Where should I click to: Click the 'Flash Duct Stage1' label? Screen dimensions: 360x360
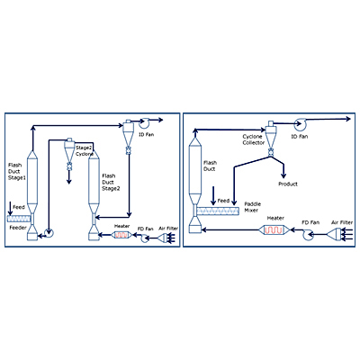pyautogui.click(x=17, y=172)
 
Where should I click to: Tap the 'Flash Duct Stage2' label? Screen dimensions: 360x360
pyautogui.click(x=111, y=182)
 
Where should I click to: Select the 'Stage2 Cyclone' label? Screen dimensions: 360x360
pyautogui.click(x=85, y=151)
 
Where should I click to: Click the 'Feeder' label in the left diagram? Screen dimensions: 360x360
pyautogui.click(x=18, y=228)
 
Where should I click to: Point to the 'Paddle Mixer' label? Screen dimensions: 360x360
pyautogui.click(x=252, y=207)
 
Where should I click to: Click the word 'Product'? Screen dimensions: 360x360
pyautogui.click(x=288, y=184)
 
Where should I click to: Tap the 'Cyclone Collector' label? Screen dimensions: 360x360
pyautogui.click(x=254, y=139)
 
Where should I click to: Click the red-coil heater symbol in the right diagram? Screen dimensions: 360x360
pyautogui.click(x=274, y=230)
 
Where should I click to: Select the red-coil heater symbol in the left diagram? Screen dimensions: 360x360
pyautogui.click(x=121, y=235)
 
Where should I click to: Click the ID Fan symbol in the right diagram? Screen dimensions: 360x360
pyautogui.click(x=300, y=124)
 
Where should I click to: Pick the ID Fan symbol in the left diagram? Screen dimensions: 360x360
pyautogui.click(x=145, y=121)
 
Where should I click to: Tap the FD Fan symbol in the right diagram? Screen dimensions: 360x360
pyautogui.click(x=308, y=234)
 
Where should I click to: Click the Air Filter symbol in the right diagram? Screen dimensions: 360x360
pyautogui.click(x=334, y=234)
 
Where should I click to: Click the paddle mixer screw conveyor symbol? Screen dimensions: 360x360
pyautogui.click(x=218, y=211)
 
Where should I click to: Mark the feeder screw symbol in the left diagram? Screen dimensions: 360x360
pyautogui.click(x=19, y=219)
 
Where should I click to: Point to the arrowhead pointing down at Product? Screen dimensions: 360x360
pyautogui.click(x=283, y=175)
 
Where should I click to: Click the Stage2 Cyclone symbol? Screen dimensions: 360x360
pyautogui.click(x=69, y=154)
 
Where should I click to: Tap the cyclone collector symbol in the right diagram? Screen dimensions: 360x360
pyautogui.click(x=271, y=139)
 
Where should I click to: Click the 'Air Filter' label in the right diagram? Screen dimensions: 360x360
pyautogui.click(x=342, y=222)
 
